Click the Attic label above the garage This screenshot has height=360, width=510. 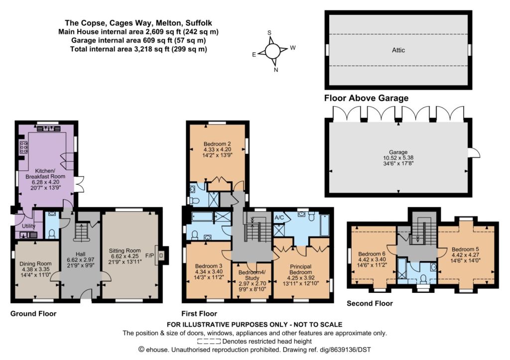click(398, 50)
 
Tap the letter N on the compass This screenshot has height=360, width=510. click(276, 70)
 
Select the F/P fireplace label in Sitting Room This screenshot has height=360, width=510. click(149, 255)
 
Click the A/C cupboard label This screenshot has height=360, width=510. click(279, 218)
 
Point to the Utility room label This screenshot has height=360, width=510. click(28, 226)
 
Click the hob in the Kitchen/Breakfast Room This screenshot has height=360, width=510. click(24, 147)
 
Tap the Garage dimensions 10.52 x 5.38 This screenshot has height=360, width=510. click(398, 158)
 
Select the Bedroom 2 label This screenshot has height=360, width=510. click(217, 144)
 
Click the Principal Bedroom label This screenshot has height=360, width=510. click(300, 269)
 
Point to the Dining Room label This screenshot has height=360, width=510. click(35, 264)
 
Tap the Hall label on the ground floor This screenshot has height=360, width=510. click(80, 254)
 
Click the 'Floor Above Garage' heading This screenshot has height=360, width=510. click(366, 98)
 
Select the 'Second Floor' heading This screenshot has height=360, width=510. click(370, 303)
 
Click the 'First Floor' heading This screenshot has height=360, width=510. click(199, 314)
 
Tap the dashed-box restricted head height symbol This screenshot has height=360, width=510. click(209, 342)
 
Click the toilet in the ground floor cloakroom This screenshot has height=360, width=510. click(51, 234)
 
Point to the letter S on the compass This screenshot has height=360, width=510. click(269, 32)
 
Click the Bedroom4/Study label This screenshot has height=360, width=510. click(252, 275)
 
